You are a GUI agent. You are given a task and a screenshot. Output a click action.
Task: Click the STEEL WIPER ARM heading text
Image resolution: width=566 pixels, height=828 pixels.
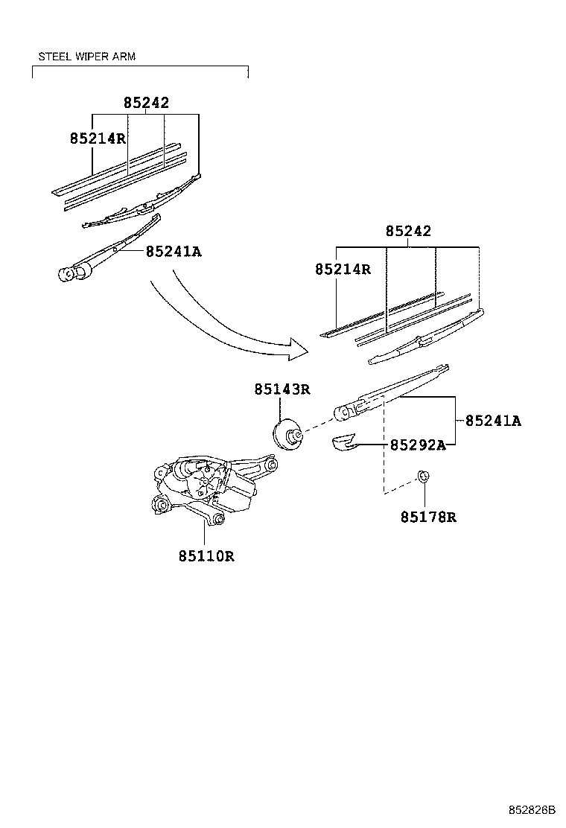point(86,57)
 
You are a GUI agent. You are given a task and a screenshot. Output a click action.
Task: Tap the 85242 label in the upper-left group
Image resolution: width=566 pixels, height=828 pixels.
point(146,103)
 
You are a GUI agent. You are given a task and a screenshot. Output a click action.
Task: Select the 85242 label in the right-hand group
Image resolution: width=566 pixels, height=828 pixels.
point(408,232)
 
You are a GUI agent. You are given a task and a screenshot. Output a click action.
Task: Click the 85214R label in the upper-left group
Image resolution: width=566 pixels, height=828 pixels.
point(98,138)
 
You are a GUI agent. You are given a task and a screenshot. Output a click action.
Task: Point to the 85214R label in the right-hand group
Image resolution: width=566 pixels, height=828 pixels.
point(343,270)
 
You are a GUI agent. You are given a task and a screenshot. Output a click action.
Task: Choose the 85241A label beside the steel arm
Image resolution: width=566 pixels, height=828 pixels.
point(174,252)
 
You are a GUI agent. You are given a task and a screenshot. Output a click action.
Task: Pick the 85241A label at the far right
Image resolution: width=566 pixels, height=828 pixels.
point(493,421)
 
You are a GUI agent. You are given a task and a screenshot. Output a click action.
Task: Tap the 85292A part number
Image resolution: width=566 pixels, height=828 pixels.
point(417,445)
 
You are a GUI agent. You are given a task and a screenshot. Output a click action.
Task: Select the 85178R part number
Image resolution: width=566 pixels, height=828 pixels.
point(427,517)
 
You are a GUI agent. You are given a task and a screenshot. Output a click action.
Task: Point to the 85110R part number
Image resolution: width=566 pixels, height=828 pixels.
point(206,555)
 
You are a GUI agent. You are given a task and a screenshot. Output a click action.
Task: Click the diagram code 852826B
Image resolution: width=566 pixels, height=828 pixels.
point(532,809)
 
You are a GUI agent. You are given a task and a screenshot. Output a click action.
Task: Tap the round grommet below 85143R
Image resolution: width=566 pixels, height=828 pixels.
point(287,435)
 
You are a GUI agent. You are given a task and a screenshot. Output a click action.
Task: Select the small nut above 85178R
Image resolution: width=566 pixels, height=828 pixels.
point(422,477)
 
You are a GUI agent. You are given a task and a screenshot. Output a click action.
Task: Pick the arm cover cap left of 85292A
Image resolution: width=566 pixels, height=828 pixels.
point(343,443)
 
